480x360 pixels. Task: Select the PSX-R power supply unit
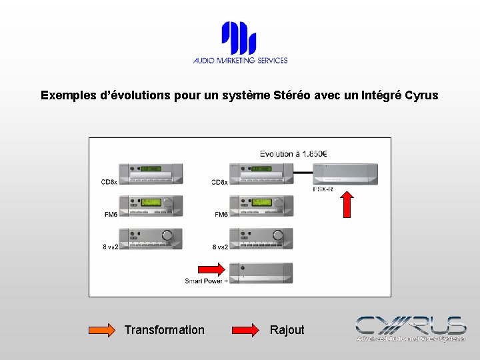click(345, 173)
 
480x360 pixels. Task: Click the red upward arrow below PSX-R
click(347, 205)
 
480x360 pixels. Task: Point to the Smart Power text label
click(205, 281)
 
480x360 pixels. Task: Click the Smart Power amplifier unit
click(261, 273)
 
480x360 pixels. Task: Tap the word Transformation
click(165, 330)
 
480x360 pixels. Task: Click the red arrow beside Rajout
click(246, 330)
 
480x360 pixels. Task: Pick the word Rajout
click(287, 330)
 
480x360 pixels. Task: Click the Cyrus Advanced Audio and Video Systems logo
click(410, 329)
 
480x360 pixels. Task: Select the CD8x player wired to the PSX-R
click(261, 173)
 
